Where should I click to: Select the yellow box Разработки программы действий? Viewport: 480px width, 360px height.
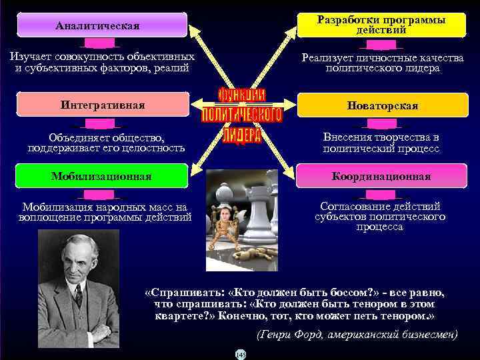coord(381,25)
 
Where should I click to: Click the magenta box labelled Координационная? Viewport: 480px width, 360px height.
coord(382,177)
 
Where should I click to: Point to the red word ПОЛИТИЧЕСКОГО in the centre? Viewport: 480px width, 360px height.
coord(241,115)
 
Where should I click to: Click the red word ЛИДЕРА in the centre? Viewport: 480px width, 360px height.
coord(241,135)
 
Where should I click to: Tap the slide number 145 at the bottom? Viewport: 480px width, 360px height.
coord(240,355)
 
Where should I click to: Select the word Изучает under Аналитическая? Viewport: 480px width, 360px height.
coord(29,57)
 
